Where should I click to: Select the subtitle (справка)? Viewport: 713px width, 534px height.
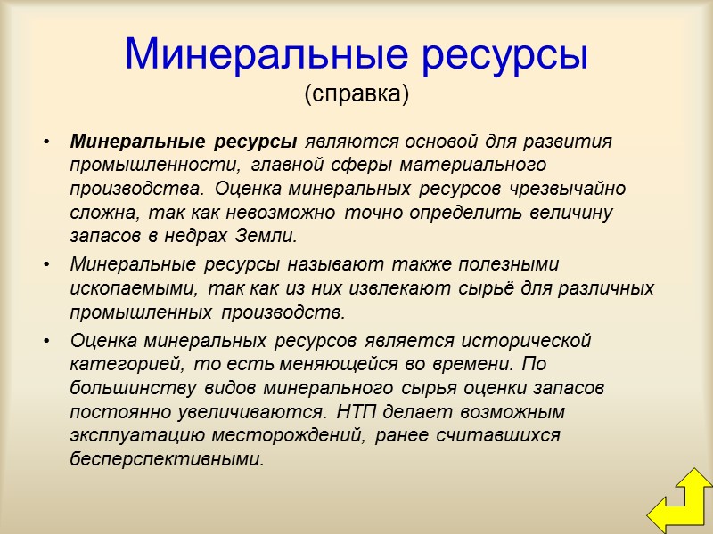pos(356,93)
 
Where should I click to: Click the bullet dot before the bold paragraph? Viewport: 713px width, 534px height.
pos(47,142)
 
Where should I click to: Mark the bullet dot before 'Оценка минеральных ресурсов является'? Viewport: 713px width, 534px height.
pos(47,341)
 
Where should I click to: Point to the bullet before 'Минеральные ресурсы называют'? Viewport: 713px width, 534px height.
pos(47,265)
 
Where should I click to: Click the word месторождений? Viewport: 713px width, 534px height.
pos(304,436)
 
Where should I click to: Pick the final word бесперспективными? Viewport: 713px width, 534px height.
pos(168,460)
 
